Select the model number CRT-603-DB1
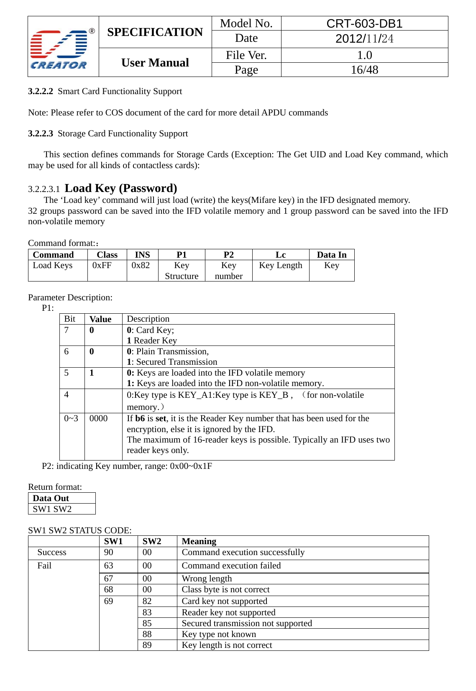click(364, 23)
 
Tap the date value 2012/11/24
click(364, 39)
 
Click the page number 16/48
click(364, 70)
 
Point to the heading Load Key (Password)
click(121, 188)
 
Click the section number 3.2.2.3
click(41, 133)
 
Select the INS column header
click(142, 255)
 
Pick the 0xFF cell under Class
click(102, 266)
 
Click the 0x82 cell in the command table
click(141, 266)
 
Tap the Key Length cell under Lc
click(280, 266)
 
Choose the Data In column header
click(331, 255)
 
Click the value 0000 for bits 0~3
click(98, 419)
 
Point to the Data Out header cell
click(51, 498)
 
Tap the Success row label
click(52, 553)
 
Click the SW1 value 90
click(109, 553)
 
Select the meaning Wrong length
click(207, 578)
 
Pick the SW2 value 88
click(147, 634)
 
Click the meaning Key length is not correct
click(227, 645)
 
